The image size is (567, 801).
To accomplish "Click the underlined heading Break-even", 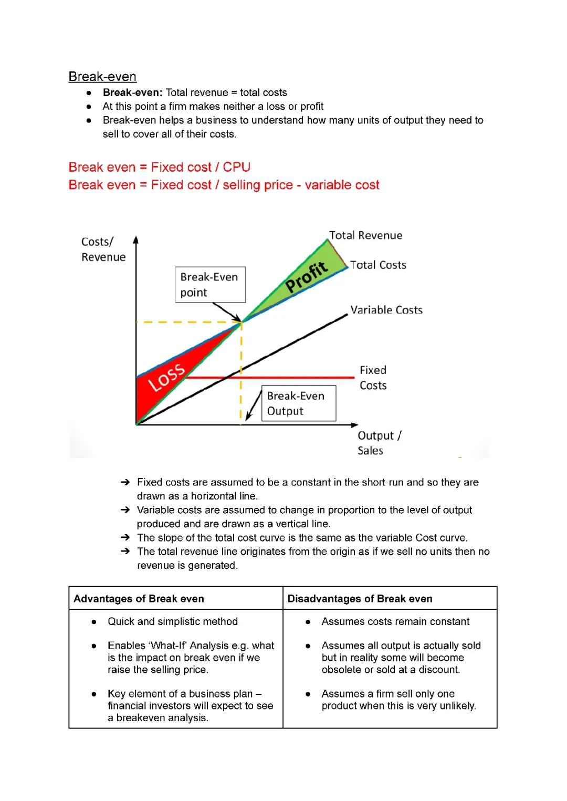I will coord(102,77).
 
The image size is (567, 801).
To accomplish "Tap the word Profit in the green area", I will coord(307,277).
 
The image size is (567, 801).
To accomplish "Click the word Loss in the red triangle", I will coord(166,377).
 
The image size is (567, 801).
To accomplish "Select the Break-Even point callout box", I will coord(210,285).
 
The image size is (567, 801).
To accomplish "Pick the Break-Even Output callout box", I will coord(298,403).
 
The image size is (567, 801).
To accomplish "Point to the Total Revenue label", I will coord(365,235).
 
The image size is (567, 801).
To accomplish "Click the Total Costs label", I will coord(378,265).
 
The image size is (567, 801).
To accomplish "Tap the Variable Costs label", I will coord(386,310).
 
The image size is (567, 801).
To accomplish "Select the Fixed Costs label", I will coord(373,378).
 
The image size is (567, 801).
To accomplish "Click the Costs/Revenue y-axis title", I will coord(103,249).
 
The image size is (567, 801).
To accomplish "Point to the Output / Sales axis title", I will coord(379,443).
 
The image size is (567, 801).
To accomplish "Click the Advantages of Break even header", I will coord(139,599).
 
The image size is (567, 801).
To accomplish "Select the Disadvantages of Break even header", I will coord(360,599).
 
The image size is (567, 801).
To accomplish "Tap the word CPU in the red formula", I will coord(236,168).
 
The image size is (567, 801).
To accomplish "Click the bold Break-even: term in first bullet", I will coord(133,93).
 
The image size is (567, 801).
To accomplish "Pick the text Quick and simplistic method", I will coord(172,622).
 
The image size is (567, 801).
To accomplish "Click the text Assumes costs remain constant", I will coord(395,622).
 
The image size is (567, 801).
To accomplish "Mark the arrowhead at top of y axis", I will coord(136,240).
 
